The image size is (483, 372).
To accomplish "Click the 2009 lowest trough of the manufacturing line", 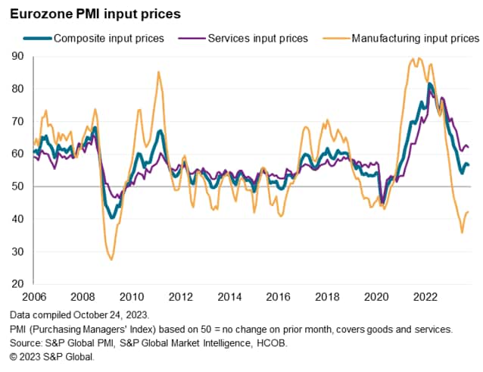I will click(x=111, y=260).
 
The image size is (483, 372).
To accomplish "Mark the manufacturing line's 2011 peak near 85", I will click(x=158, y=72).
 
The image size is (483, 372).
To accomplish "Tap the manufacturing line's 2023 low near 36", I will click(x=462, y=233).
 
